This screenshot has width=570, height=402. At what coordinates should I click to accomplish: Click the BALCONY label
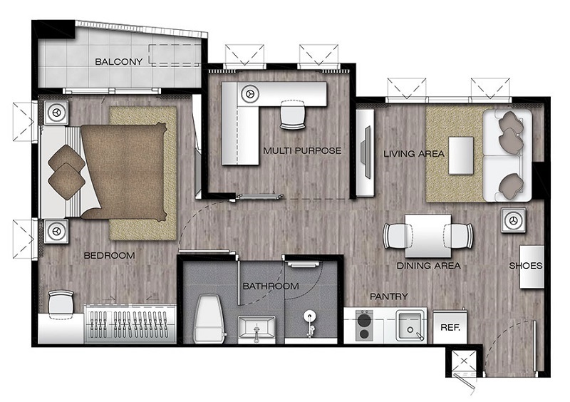coord(118,61)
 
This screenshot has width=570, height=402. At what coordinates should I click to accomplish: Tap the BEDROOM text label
coord(109,255)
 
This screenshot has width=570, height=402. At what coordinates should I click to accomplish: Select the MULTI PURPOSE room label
coord(302,150)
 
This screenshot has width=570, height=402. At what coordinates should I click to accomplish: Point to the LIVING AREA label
coord(414,153)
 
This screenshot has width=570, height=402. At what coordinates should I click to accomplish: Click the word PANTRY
coord(388,297)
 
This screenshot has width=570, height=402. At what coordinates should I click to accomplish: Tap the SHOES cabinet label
coord(525,266)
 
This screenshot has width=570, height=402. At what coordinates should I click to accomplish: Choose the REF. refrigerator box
coord(450,326)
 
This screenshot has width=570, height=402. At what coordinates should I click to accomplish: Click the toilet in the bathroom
coord(208,319)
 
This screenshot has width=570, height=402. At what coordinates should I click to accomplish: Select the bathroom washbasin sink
coord(256,329)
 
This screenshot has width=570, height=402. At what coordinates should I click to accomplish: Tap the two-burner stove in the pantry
coord(364,326)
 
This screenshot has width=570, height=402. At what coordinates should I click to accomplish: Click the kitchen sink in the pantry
coord(411,326)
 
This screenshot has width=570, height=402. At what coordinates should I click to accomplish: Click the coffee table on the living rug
coord(461,155)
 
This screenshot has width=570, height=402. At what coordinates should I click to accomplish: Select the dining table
coord(428,236)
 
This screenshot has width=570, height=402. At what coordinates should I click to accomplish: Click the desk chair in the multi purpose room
coord(292,114)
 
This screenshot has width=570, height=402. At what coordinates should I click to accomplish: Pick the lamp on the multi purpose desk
coord(250,94)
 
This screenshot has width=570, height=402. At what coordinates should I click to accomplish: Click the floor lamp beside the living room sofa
coord(513,220)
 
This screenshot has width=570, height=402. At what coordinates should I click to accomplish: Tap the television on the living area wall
coord(366,152)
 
